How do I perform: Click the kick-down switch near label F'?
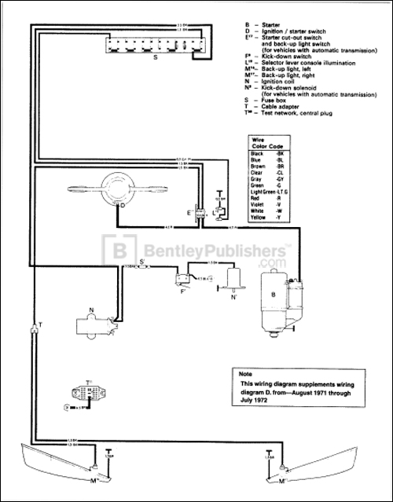coord(185,276)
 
